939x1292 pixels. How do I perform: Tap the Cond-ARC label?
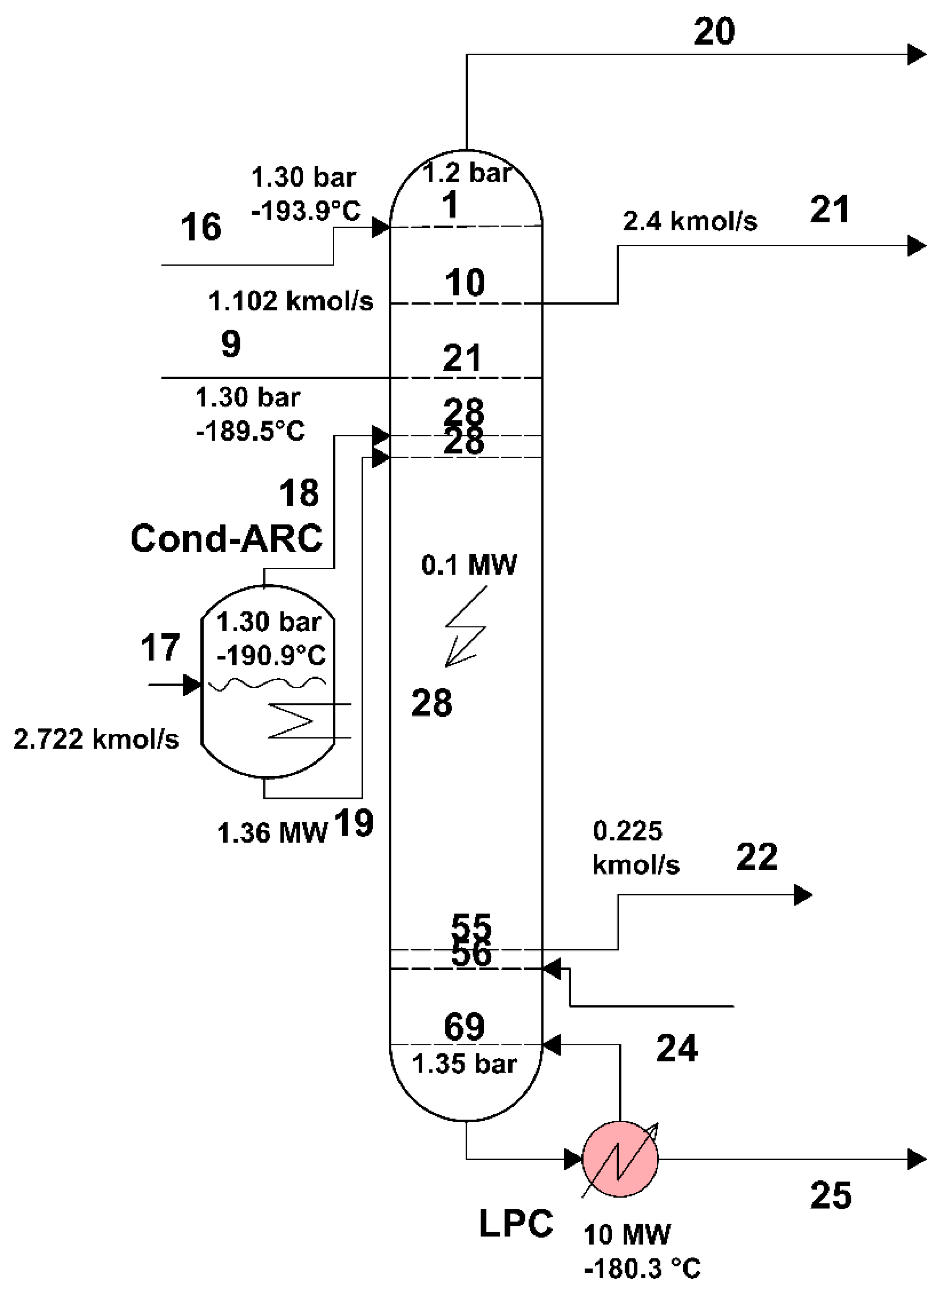click(226, 538)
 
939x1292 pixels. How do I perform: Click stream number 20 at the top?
click(714, 31)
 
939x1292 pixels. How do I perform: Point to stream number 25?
click(831, 1195)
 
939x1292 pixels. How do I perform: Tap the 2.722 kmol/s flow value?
click(96, 739)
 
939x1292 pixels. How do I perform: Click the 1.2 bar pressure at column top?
click(466, 172)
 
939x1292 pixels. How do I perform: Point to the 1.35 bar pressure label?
click(464, 1064)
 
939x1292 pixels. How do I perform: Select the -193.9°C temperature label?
click(306, 211)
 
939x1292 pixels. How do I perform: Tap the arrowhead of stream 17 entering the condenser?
click(192, 684)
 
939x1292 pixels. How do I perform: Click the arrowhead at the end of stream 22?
click(803, 895)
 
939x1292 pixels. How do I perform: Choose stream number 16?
click(201, 227)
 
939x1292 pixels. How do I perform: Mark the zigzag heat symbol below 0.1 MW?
click(466, 626)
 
